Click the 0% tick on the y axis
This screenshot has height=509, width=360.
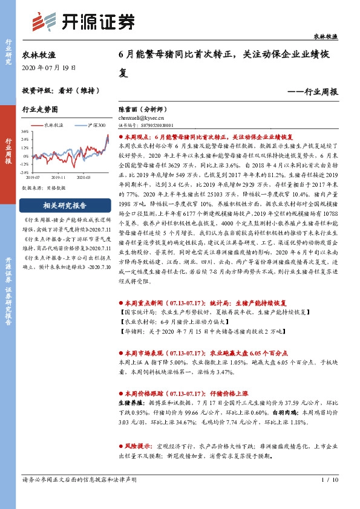[25, 155]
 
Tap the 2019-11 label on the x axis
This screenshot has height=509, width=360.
[59, 177]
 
